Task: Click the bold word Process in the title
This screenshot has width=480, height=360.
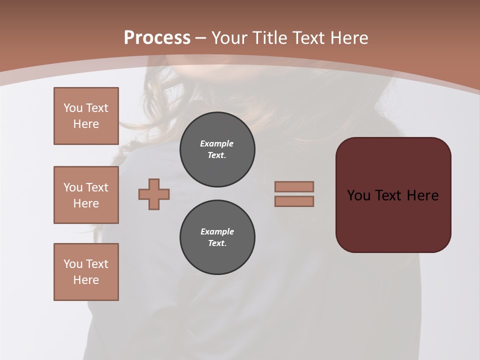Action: [x=157, y=38]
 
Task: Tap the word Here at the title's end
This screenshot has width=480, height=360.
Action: [x=348, y=38]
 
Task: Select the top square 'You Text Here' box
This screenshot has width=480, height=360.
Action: [x=86, y=116]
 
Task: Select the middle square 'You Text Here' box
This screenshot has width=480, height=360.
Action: [x=86, y=195]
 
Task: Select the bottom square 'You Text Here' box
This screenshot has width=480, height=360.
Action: [x=86, y=272]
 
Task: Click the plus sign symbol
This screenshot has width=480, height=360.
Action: [x=154, y=194]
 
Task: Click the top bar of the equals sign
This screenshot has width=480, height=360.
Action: [x=294, y=186]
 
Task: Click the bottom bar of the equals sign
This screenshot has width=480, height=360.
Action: [x=294, y=201]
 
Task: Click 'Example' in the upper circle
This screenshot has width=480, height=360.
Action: [x=216, y=143]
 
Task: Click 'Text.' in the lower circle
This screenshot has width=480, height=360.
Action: [x=217, y=243]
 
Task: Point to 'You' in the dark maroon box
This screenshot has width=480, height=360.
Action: [x=358, y=195]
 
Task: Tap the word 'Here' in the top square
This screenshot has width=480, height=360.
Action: [x=86, y=124]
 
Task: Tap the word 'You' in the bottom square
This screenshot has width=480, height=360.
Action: [x=73, y=264]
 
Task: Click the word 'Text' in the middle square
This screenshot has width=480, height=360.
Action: [x=97, y=187]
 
